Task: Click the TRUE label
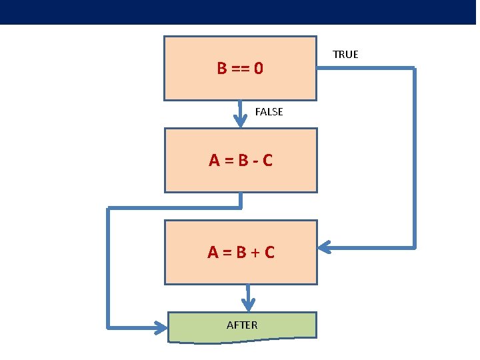[345, 55]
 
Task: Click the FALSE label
[269, 112]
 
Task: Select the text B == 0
[240, 68]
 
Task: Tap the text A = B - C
[241, 161]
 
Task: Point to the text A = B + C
[241, 252]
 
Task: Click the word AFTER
[242, 325]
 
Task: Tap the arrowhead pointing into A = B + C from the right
[323, 247]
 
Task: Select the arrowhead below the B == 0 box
[241, 121]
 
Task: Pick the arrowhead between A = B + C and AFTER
[248, 305]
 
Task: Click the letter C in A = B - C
[267, 161]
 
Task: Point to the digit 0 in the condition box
[258, 68]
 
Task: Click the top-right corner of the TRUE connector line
[414, 69]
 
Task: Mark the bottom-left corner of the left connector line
[108, 327]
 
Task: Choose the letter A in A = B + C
[213, 253]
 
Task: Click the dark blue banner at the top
[240, 12]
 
